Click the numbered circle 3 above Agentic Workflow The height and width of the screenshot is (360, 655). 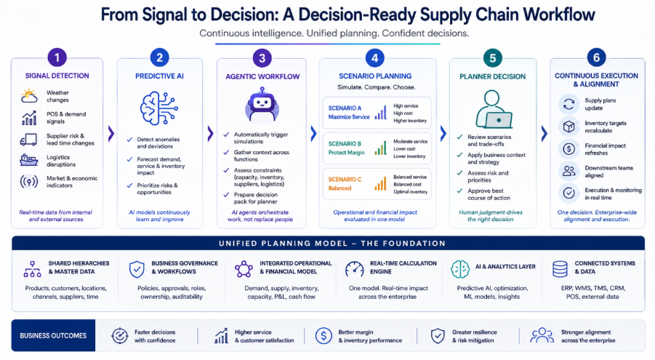[x=262, y=58]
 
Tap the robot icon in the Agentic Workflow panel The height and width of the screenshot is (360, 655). [x=262, y=104]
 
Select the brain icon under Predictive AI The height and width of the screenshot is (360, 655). [x=158, y=108]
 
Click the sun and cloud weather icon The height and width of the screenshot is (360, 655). [x=29, y=96]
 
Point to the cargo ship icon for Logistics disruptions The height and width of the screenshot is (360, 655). [x=29, y=160]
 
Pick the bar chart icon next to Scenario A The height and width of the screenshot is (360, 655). [x=380, y=113]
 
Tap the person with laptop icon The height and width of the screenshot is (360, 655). [x=494, y=109]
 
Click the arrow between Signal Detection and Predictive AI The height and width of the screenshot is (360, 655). [x=110, y=134]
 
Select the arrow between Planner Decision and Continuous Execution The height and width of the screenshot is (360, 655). [x=544, y=134]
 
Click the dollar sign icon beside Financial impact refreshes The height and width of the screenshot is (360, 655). [x=568, y=148]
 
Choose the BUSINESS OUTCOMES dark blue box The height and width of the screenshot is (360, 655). [x=54, y=335]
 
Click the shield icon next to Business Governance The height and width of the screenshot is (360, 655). [x=137, y=269]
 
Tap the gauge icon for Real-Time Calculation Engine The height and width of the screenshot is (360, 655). [x=355, y=269]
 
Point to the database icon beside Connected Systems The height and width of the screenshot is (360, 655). [x=560, y=269]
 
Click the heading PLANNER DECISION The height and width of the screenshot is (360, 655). [x=492, y=76]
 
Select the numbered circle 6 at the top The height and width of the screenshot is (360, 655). [x=596, y=57]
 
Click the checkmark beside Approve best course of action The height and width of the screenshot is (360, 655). [x=459, y=191]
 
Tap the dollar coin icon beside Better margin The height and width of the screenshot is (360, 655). [x=324, y=336]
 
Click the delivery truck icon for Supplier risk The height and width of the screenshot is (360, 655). [x=29, y=140]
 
